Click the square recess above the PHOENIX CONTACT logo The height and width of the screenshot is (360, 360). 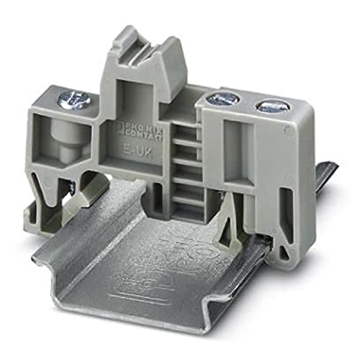tap(130, 93)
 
